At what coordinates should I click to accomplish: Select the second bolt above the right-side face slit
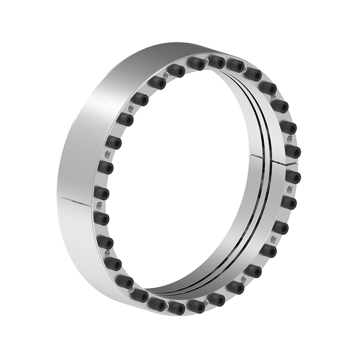pyautogui.click(x=290, y=127)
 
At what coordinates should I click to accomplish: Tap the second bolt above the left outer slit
pyautogui.click(x=105, y=167)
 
